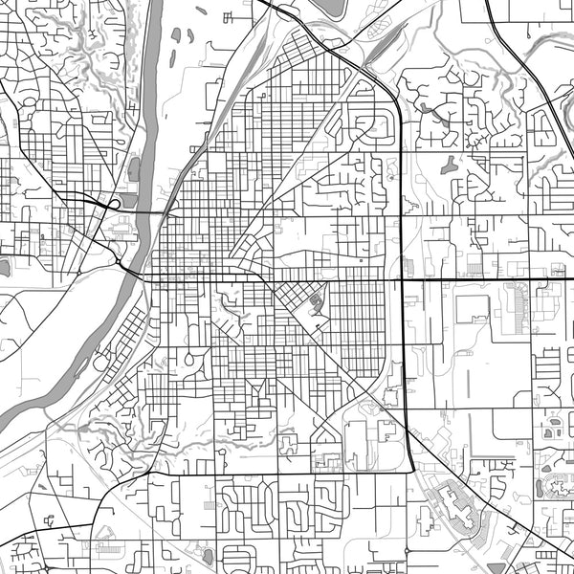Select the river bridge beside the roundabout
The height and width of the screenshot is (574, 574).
coord(134,272)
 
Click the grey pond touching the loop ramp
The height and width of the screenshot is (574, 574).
coord(123,221)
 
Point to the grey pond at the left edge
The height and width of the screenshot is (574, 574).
coord(4,267)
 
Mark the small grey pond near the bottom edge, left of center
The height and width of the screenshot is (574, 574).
coord(208,554)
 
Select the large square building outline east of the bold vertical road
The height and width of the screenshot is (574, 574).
coord(473,309)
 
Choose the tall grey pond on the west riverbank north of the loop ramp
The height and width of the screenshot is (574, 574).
coord(133,169)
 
